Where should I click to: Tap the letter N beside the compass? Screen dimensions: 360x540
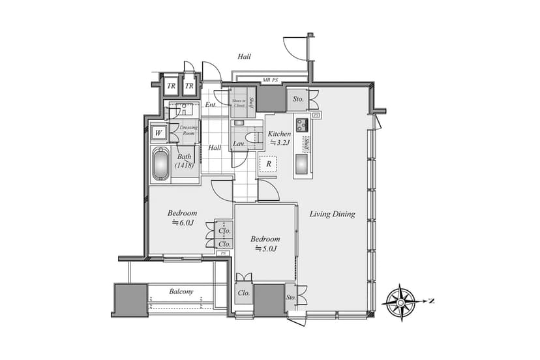coord(432,301)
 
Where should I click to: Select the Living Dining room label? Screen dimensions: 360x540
coord(332,214)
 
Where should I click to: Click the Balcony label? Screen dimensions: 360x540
coord(181,291)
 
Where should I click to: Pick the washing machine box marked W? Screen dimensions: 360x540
coord(158,133)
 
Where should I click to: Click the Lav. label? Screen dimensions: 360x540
coord(238,144)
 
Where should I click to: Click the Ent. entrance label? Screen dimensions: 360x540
coord(211,105)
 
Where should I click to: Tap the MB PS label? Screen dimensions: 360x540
coord(271,80)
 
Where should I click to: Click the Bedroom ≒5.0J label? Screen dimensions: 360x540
coord(265,243)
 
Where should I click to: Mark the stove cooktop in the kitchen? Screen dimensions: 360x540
coord(303,123)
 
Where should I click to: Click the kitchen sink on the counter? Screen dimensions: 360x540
coord(303,163)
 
